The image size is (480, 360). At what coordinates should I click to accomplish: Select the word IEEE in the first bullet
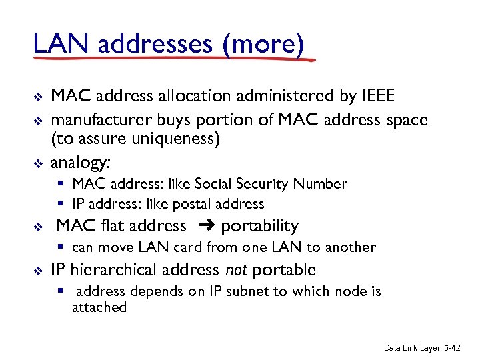(x=378, y=97)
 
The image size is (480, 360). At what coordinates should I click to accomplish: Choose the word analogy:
(x=80, y=163)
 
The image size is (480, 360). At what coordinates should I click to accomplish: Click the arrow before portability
(x=205, y=226)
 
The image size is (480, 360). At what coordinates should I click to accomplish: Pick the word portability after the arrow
(x=259, y=227)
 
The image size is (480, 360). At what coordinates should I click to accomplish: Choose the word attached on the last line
(x=99, y=307)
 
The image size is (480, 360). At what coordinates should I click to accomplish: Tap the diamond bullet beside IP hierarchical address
(x=39, y=271)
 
